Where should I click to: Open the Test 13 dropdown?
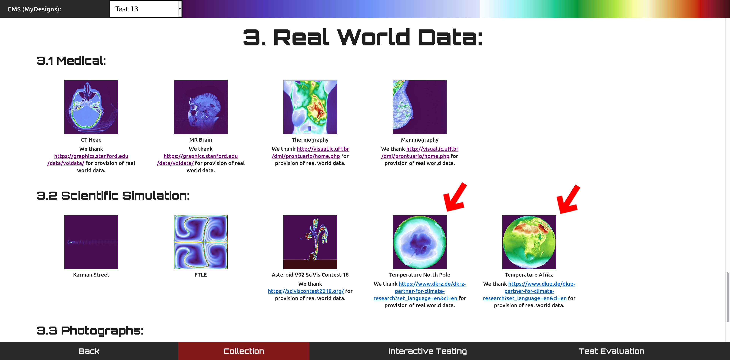[146, 9]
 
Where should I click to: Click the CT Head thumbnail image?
[91, 107]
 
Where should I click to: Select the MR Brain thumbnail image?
[201, 107]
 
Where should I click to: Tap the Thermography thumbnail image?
[310, 107]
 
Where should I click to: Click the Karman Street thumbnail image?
[91, 242]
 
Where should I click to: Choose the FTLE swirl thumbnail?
[201, 242]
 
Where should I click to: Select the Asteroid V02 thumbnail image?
[310, 242]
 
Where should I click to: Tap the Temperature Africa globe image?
[529, 242]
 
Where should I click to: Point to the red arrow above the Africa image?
[568, 199]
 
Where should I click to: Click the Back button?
[89, 351]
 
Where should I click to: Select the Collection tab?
[244, 351]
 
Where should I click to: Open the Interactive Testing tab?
[427, 351]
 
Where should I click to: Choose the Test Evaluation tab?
[612, 351]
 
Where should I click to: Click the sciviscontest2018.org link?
[306, 291]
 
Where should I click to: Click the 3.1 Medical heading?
[71, 61]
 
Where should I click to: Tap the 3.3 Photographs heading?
[90, 331]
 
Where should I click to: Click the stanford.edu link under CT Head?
[91, 159]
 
